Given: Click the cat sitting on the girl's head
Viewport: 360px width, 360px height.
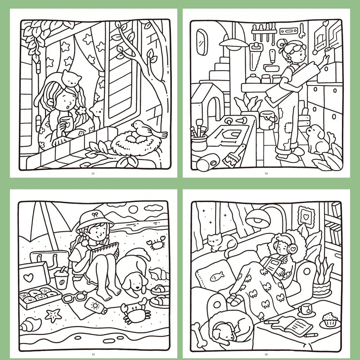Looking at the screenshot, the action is point(71,78).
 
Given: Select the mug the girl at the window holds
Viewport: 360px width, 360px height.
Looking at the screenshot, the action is point(67,124).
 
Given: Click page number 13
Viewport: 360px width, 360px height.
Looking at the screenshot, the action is point(93,173).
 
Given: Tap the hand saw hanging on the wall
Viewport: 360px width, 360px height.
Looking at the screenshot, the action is point(256,56).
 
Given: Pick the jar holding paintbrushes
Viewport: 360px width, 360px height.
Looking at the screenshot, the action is point(199,142).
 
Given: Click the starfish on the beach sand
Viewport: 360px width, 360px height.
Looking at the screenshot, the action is point(53,315).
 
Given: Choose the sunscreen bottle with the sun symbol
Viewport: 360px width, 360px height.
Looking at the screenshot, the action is point(95,306).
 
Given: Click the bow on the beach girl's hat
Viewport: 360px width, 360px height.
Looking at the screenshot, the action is point(95,215).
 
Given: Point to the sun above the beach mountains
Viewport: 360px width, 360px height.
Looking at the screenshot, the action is point(133,209).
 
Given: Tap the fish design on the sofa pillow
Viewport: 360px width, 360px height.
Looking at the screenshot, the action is point(217,276).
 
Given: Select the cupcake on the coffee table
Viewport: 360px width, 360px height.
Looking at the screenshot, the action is point(330,319).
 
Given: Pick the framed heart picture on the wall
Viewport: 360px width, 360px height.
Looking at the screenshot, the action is point(306,217).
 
